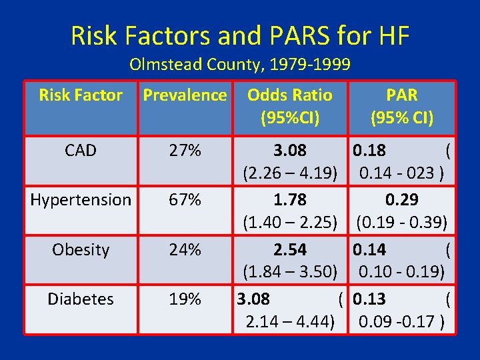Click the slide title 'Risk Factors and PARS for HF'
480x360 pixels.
(x=240, y=35)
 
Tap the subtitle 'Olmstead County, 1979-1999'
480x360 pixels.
(x=240, y=65)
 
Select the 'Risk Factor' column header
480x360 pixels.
(x=81, y=95)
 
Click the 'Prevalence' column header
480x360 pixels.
(x=185, y=95)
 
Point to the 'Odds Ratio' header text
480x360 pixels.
(x=289, y=95)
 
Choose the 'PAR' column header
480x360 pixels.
(x=402, y=95)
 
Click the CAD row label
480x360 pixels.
(x=81, y=151)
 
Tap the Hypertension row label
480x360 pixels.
(x=81, y=200)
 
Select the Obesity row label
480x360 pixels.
(x=81, y=249)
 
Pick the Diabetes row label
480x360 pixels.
(x=81, y=299)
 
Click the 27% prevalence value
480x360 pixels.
(x=185, y=151)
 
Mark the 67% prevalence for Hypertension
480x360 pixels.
(x=185, y=200)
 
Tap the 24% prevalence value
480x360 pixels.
(x=185, y=249)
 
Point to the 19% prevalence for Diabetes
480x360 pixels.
(x=185, y=299)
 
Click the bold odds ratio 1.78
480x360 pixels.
(x=289, y=200)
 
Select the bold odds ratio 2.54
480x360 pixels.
(x=289, y=249)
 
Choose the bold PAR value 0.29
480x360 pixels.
(x=402, y=200)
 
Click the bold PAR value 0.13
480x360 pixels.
(x=369, y=299)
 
